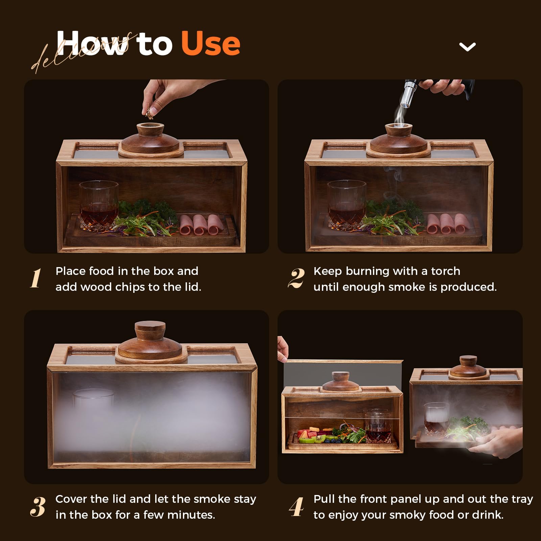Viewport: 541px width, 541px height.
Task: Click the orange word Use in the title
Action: (x=210, y=43)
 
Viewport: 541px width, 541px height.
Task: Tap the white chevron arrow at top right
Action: (x=467, y=47)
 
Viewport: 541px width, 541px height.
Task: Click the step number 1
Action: (x=36, y=278)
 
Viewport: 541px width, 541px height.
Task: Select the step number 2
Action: (x=296, y=278)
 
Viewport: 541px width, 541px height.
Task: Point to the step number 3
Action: (x=37, y=507)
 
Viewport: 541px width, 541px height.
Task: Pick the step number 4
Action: (x=297, y=507)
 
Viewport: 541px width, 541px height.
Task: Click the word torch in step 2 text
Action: (x=445, y=271)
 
